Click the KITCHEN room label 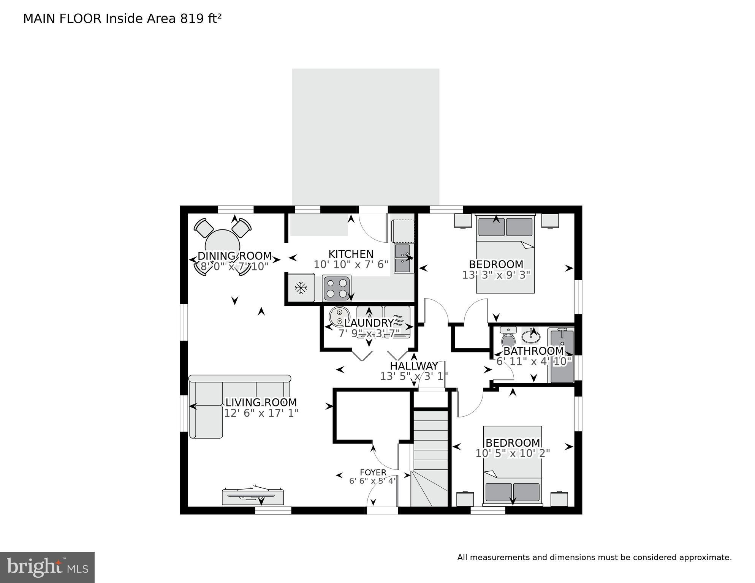(x=351, y=254)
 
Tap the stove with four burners (x=337, y=288)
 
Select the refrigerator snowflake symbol (x=301, y=288)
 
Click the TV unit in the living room (x=253, y=496)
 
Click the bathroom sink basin (x=531, y=337)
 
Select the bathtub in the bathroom (x=561, y=356)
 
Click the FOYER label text (x=373, y=472)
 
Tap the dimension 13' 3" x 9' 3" (x=496, y=275)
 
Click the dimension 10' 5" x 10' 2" (x=513, y=453)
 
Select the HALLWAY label (x=414, y=366)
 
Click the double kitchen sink (x=404, y=259)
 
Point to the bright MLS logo (x=47, y=567)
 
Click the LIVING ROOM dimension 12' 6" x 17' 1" (x=261, y=413)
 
